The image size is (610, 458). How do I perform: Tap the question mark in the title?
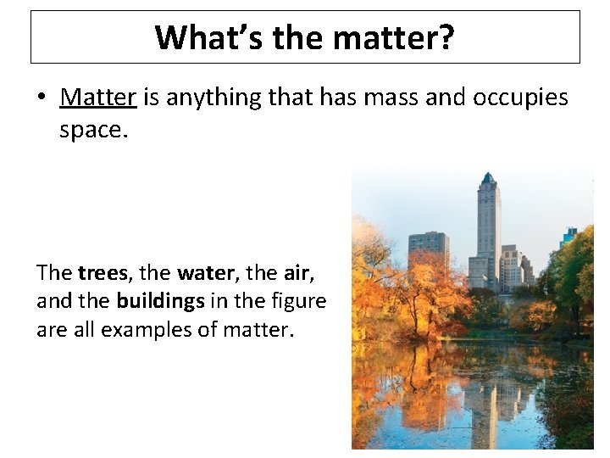tap(446, 37)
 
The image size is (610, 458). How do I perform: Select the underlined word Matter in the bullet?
tap(98, 98)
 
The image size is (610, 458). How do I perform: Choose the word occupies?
tap(521, 98)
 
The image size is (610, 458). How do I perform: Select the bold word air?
tap(297, 273)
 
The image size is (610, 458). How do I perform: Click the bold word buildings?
tap(160, 301)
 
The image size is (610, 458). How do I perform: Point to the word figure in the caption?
tap(297, 301)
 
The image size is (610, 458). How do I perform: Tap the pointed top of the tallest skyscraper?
tap(488, 176)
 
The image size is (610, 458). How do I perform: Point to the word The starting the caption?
tap(54, 273)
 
